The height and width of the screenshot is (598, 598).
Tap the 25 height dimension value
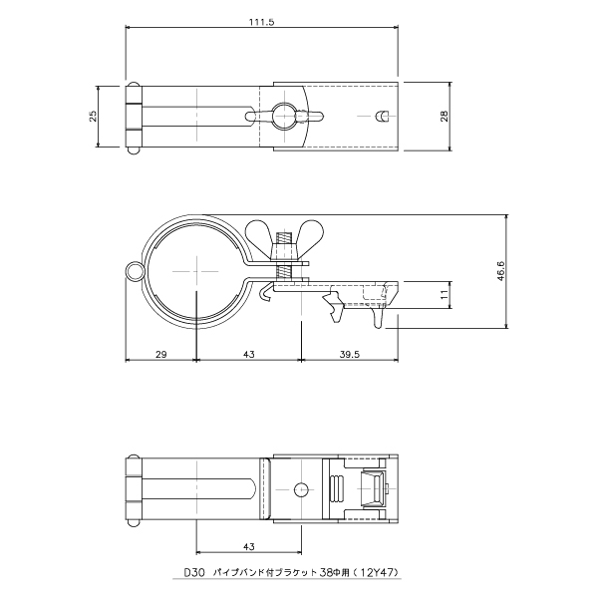click(93, 116)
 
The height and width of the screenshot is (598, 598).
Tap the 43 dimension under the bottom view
click(248, 547)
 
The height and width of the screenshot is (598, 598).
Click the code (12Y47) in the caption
click(380, 573)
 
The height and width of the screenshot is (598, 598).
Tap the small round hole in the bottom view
click(300, 489)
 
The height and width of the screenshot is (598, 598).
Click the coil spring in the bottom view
click(336, 489)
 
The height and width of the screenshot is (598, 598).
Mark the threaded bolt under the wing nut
click(283, 260)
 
